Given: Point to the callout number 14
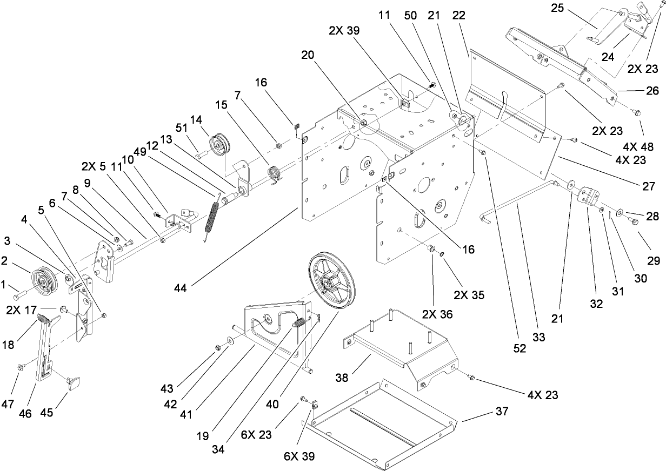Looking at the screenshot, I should pyautogui.click(x=195, y=119).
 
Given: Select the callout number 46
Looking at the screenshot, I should pyautogui.click(x=25, y=413).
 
